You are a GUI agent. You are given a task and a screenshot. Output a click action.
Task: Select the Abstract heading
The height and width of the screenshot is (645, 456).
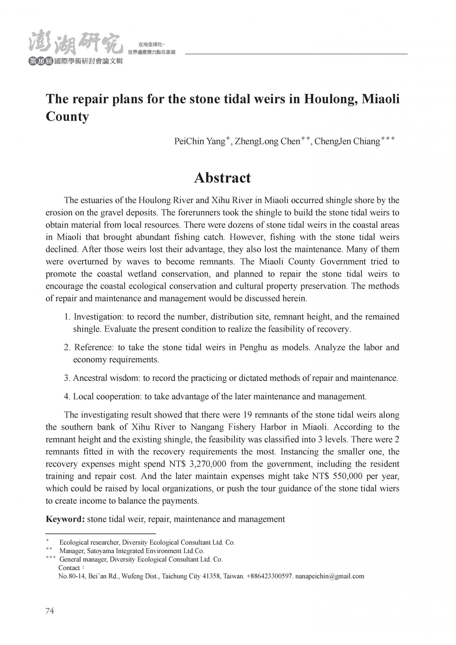click(x=222, y=178)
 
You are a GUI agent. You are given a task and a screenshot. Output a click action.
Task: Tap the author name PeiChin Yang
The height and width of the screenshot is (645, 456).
click(x=200, y=141)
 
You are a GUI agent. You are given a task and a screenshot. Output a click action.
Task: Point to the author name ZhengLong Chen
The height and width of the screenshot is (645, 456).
click(x=267, y=141)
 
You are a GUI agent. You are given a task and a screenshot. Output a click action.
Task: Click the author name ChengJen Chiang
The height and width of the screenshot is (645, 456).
click(x=347, y=141)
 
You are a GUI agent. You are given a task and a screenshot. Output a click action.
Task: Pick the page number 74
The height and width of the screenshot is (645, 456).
click(x=50, y=611)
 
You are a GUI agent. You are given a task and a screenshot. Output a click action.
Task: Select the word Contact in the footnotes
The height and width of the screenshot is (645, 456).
click(x=69, y=568)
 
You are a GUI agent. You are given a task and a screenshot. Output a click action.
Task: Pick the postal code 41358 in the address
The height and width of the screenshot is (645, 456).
click(x=212, y=576)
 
